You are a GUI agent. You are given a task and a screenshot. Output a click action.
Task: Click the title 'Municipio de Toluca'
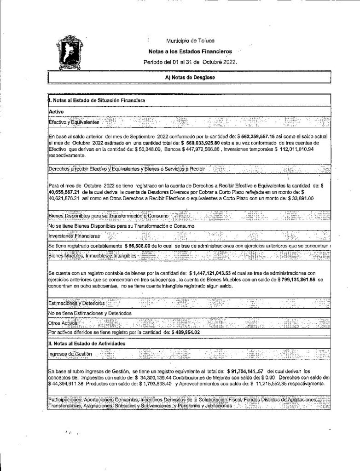[x=186, y=41]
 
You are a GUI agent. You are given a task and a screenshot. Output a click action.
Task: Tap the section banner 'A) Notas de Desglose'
[x=190, y=78]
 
